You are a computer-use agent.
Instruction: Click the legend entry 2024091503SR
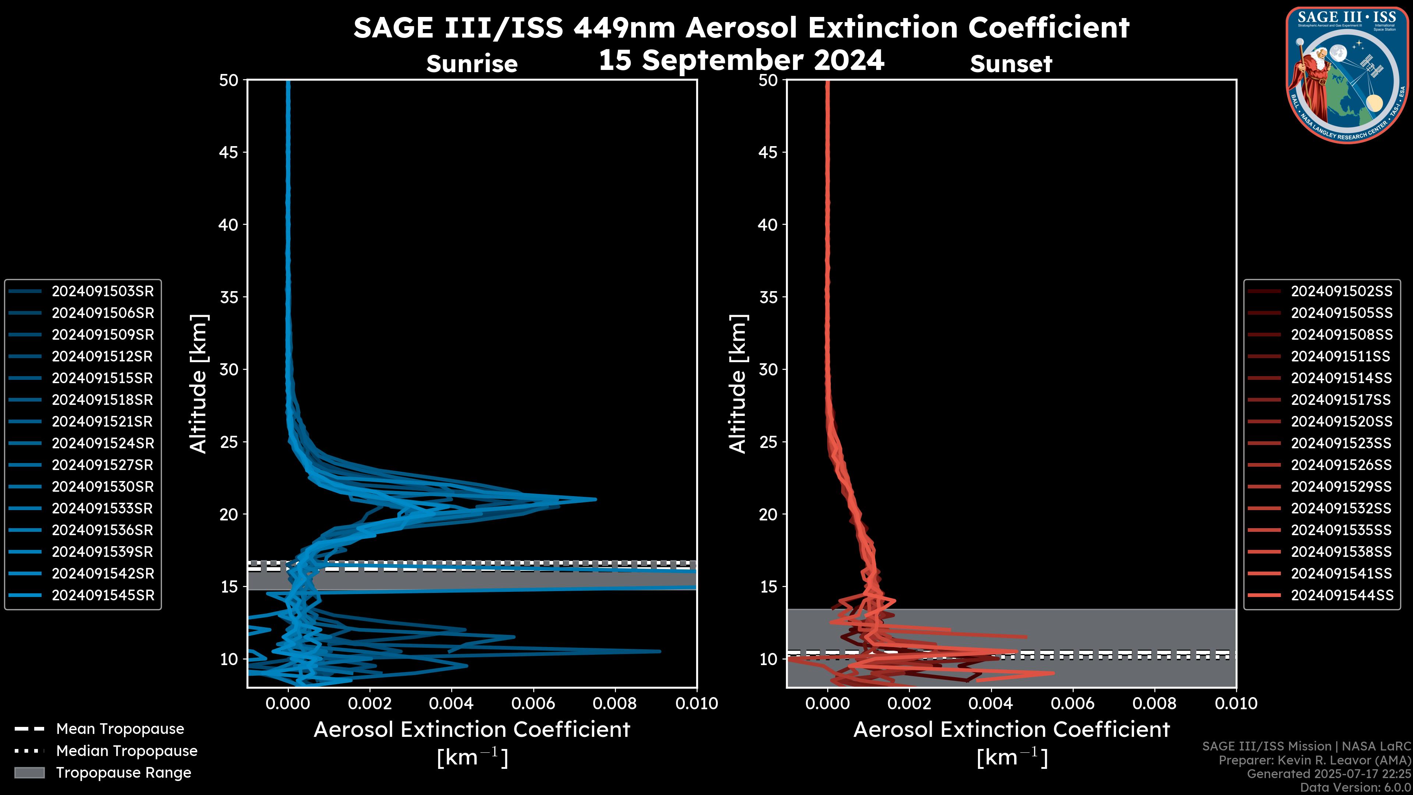tap(103, 291)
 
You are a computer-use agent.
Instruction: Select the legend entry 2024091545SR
tap(103, 595)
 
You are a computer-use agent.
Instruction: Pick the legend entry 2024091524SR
tap(103, 443)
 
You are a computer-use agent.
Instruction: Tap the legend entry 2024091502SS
tap(1341, 291)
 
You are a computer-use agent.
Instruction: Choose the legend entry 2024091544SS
tap(1341, 595)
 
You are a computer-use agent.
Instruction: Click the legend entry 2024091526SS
tap(1341, 465)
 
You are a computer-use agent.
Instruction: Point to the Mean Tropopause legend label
tap(120, 729)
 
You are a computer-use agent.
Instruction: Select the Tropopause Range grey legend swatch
tap(29, 773)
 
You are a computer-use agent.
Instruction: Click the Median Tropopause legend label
tap(127, 751)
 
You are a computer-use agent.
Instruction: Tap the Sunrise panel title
tap(472, 64)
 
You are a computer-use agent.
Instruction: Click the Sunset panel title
tap(1011, 64)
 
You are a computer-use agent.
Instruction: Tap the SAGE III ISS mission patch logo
tap(1347, 75)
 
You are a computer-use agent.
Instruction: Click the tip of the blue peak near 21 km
tap(595, 499)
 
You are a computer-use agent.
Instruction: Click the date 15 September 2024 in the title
tap(741, 60)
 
